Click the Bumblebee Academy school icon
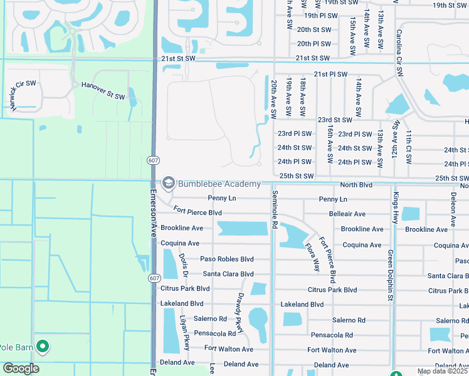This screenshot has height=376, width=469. tap(168, 183)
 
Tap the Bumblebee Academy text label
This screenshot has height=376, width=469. tap(219, 184)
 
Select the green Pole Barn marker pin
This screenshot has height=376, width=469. tap(43, 345)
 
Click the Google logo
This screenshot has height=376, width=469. tap(20, 368)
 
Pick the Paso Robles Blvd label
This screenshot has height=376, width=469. tap(226, 259)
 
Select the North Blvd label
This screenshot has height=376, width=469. tap(356, 185)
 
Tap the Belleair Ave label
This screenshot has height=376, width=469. tap(347, 214)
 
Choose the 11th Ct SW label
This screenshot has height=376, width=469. tap(408, 145)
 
